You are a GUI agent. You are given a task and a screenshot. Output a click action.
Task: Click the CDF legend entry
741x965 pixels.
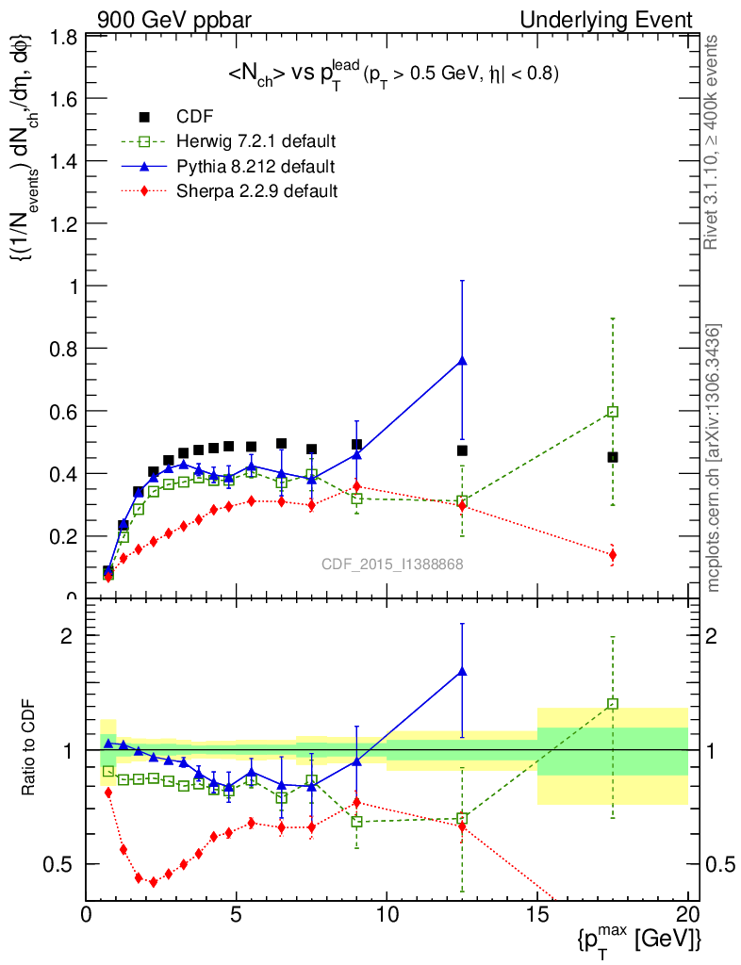194,117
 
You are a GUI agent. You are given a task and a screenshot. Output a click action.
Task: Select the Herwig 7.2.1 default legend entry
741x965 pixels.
255,142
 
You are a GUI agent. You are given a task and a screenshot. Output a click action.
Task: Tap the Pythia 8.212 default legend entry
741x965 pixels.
255,167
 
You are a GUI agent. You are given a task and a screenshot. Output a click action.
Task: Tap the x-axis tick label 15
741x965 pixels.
537,915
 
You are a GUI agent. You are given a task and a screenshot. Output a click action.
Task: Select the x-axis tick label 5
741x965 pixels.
236,915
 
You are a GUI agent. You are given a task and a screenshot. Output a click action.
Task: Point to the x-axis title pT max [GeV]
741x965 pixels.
638,939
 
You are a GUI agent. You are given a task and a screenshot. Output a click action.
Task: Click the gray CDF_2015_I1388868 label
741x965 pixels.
392,564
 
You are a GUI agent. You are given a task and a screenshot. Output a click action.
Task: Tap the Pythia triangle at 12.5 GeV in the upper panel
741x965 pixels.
462,360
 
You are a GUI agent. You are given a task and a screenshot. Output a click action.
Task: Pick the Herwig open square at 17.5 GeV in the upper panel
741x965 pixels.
613,412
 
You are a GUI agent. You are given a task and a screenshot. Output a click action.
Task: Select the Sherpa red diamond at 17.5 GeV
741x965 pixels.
613,554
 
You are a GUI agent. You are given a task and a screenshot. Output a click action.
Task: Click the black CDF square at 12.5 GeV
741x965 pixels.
462,450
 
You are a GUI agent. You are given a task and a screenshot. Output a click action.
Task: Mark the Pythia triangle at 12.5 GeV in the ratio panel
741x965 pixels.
462,671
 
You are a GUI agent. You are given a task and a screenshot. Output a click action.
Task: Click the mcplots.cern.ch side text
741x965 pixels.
714,458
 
